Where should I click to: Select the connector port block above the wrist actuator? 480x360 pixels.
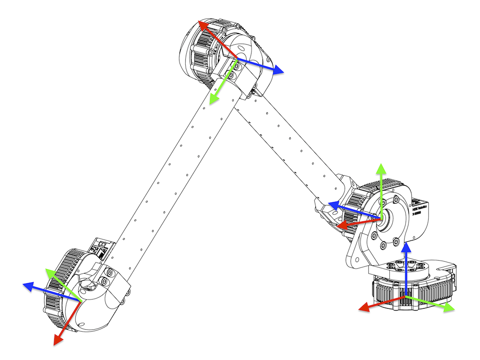click(x=101, y=247)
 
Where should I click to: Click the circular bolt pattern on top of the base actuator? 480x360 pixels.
click(x=408, y=267)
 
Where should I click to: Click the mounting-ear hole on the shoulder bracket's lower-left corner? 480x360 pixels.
click(x=356, y=260)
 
